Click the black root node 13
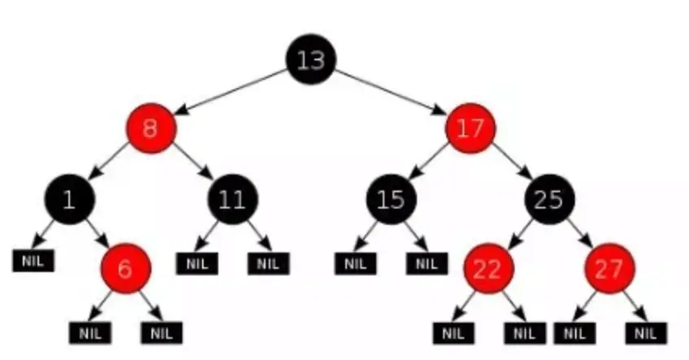310,59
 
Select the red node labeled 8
151,129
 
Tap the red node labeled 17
470,129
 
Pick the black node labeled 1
69,199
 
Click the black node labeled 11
232,199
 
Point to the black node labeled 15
392,199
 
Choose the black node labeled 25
549,199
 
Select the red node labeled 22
487,268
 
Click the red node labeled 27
609,268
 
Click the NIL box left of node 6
33,261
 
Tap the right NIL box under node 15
427,263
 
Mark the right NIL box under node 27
646,332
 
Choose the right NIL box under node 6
161,332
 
